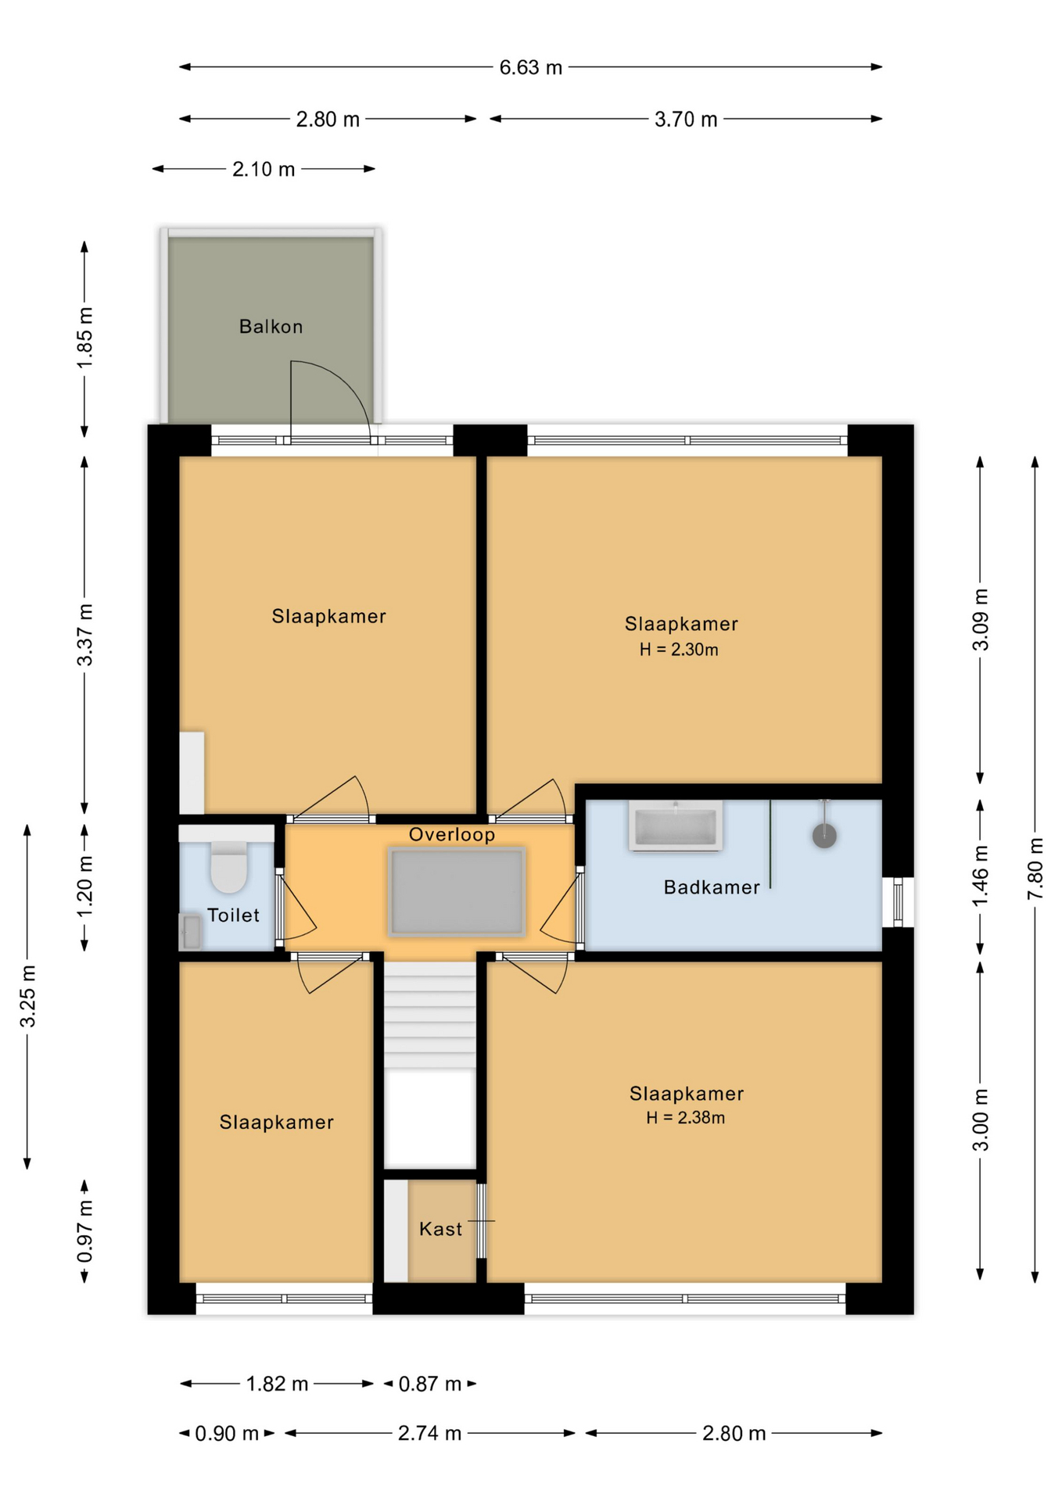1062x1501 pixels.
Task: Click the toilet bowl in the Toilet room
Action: (228, 867)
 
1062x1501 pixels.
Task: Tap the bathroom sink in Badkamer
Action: (676, 826)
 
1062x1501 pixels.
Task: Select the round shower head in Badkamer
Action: (824, 836)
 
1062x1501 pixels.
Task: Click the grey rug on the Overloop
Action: (457, 892)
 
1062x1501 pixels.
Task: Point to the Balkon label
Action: (271, 327)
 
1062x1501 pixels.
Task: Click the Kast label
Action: (440, 1230)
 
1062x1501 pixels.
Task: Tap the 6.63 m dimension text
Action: (531, 68)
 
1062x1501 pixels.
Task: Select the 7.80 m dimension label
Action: (1035, 869)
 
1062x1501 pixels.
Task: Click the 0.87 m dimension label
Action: (430, 1385)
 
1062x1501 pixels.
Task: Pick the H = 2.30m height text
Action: (679, 650)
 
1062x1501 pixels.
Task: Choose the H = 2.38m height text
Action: (685, 1118)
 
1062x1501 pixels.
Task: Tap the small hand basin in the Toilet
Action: (190, 932)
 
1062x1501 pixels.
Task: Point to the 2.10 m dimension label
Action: (264, 170)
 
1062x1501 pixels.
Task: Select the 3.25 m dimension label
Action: (27, 996)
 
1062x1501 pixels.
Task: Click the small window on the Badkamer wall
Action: (898, 902)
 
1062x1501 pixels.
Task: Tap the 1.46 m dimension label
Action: (980, 876)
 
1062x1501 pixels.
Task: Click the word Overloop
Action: (452, 835)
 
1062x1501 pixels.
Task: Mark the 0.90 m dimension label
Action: (227, 1434)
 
